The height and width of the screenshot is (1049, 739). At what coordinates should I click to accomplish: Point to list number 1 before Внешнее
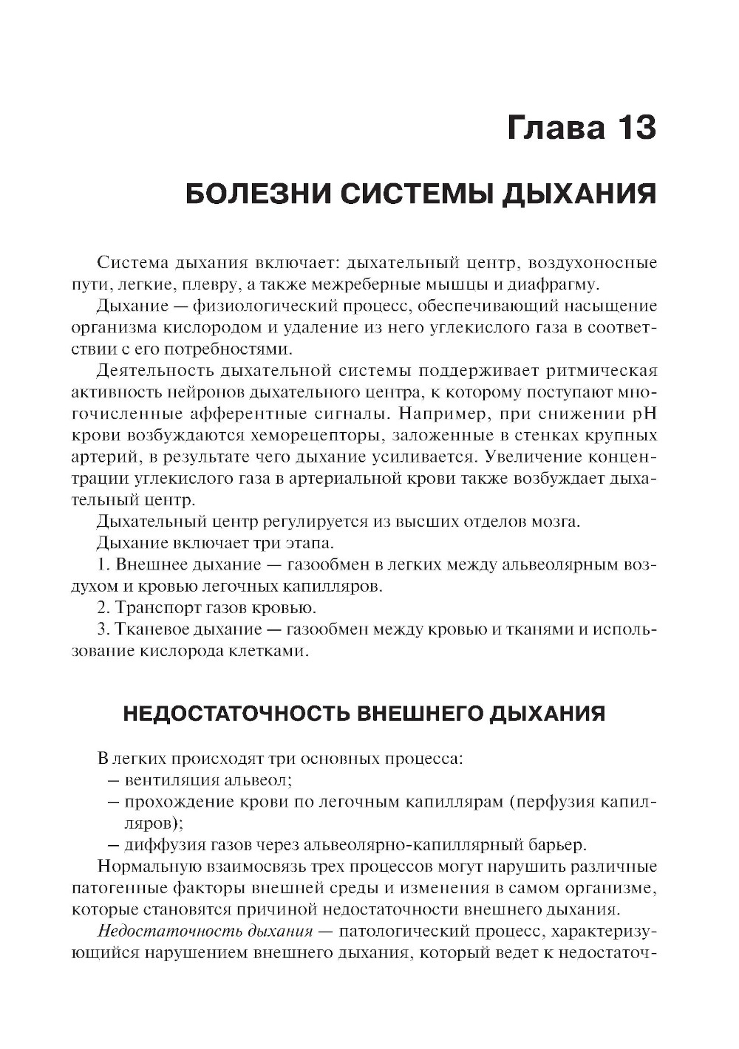coord(102,566)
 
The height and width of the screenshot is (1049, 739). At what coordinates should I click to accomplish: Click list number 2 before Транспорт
coord(102,609)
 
